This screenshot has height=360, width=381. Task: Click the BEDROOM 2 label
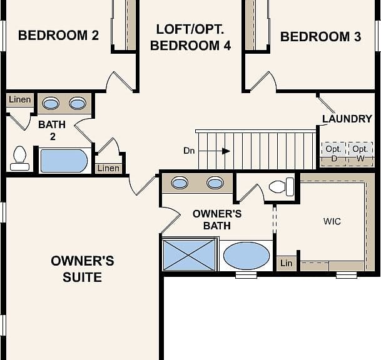(59, 36)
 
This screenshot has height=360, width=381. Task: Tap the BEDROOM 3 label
(321, 37)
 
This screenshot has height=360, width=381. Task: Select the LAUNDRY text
(347, 119)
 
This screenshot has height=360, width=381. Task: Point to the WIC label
(332, 221)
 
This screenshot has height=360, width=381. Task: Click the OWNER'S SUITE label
(83, 269)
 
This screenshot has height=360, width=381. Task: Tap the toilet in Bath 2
(19, 158)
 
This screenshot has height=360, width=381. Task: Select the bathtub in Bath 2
(64, 161)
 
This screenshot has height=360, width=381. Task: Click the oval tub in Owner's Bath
(246, 256)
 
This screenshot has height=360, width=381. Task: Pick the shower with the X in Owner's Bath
(189, 255)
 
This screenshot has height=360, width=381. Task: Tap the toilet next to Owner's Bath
(282, 187)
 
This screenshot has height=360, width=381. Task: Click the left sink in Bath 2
(51, 103)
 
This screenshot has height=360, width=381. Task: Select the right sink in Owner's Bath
(215, 182)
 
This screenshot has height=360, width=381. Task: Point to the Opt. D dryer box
(333, 154)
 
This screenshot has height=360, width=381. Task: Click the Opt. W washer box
(360, 154)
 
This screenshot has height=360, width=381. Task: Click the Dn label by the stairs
(189, 151)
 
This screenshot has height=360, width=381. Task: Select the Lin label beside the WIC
(287, 263)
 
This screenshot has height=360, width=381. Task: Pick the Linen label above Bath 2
(20, 99)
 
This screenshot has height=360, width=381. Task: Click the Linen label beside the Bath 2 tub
(108, 168)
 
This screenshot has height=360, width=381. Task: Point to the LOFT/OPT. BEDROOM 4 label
(190, 37)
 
